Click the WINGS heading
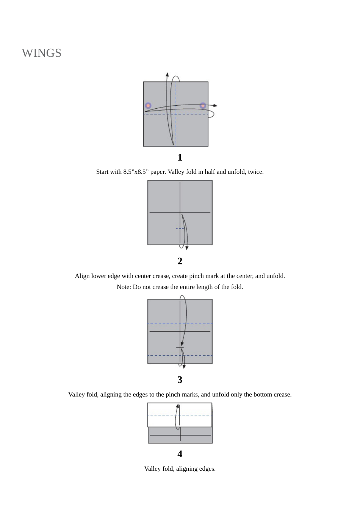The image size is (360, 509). tap(41, 53)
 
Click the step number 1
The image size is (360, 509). tap(180, 157)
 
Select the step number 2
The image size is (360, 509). tap(180, 261)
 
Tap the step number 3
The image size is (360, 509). tap(180, 379)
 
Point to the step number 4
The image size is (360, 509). tap(180, 454)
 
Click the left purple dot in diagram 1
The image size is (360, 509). tap(148, 106)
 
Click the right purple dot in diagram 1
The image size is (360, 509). tap(203, 105)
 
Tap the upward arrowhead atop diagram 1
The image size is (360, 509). tap(167, 75)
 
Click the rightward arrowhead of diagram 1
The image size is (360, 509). tap(215, 106)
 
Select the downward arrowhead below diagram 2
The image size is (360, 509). tap(187, 248)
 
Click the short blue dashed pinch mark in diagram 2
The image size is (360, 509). tap(180, 229)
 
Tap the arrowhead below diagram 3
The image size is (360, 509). tap(184, 366)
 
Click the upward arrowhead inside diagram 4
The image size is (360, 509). tap(177, 406)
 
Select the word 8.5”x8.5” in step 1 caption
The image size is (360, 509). tap(136, 172)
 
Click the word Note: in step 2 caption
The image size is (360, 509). tap(124, 287)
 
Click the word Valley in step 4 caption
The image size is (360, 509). tap(152, 469)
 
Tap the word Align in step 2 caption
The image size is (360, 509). tap(82, 276)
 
